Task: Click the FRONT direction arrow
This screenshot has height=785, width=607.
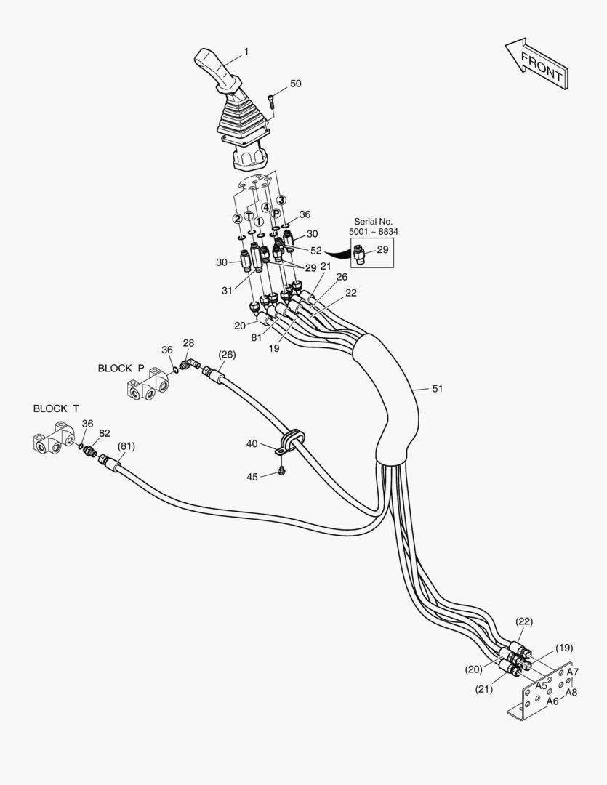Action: tap(536, 65)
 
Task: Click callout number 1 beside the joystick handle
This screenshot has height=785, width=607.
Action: tap(246, 52)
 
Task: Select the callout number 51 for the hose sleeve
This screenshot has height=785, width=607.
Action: tap(437, 389)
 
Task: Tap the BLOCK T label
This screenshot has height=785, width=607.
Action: tap(51, 408)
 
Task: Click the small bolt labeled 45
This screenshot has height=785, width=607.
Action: tap(283, 472)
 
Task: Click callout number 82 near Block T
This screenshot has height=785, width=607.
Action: tap(105, 433)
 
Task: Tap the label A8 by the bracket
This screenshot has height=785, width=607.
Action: tap(572, 693)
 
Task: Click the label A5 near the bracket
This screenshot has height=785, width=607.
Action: tap(541, 685)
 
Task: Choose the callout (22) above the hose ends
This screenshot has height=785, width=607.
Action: tap(524, 621)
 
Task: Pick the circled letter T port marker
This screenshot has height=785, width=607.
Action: tap(249, 216)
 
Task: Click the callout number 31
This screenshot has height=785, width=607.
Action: tap(228, 291)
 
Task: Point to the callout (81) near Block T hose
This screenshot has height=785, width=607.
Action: tap(126, 446)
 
